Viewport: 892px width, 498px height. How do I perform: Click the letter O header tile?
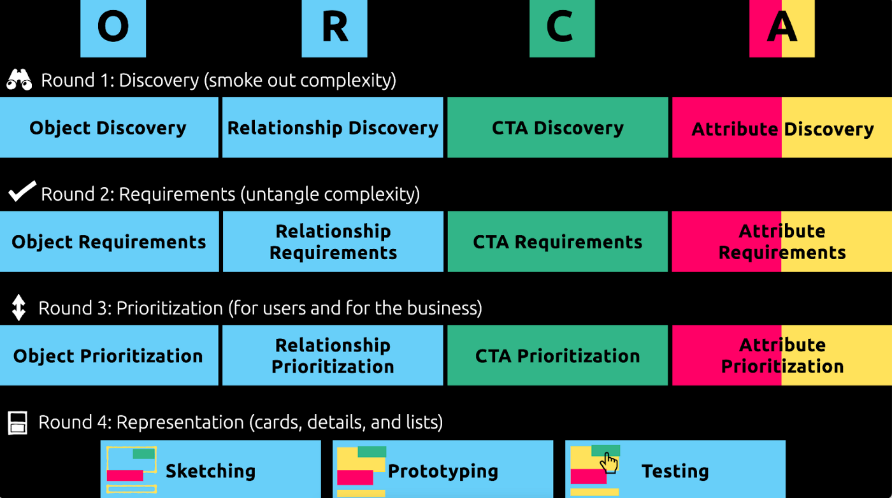[x=113, y=28]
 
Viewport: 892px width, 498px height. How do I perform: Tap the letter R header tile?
[x=334, y=28]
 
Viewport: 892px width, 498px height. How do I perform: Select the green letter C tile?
[x=561, y=28]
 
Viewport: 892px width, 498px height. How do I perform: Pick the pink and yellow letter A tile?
[x=782, y=28]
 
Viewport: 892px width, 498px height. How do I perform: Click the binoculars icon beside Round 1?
[x=19, y=80]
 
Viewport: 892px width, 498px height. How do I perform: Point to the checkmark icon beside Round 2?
[x=22, y=192]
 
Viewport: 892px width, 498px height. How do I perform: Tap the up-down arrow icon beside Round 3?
[x=18, y=307]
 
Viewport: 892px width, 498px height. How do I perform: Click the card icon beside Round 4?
[x=18, y=422]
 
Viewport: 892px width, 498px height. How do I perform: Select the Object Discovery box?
[x=108, y=127]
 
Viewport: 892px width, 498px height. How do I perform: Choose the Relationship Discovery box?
[x=333, y=127]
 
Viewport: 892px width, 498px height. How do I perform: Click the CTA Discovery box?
[x=557, y=127]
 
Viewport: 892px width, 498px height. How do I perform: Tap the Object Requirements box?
[x=109, y=242]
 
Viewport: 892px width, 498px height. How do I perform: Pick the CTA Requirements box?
[x=557, y=242]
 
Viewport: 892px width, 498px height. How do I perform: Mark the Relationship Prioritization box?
[x=333, y=355]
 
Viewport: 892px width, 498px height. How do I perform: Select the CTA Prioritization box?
[x=557, y=355]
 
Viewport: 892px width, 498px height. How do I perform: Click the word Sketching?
[x=210, y=471]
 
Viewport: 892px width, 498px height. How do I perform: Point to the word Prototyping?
[x=443, y=471]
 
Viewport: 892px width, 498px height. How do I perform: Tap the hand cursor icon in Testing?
[x=609, y=462]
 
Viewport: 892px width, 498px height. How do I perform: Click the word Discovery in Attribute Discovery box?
[x=828, y=129]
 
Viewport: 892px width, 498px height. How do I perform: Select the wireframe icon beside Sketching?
[x=131, y=469]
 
